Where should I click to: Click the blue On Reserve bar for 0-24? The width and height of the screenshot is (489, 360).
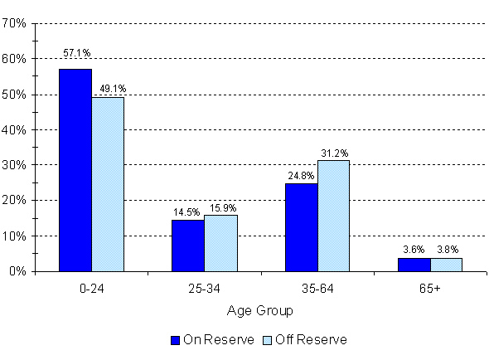[x=75, y=170]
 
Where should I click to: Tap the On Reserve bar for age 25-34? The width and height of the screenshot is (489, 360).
[x=188, y=246]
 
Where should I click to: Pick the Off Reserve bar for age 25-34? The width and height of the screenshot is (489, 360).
[x=220, y=243]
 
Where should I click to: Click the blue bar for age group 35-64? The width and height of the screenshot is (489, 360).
[x=301, y=227]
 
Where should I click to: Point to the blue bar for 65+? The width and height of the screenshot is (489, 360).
[x=414, y=265]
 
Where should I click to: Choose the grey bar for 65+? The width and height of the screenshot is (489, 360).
[x=446, y=265]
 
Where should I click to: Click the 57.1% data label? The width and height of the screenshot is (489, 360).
[x=76, y=53]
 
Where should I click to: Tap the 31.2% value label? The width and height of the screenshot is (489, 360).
[x=334, y=152]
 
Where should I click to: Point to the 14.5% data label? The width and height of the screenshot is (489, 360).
[x=186, y=212]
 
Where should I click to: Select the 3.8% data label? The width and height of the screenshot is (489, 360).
[x=448, y=249]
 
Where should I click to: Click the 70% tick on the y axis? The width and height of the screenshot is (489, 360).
[x=16, y=23]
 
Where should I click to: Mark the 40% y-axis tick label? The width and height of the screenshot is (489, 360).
[x=16, y=130]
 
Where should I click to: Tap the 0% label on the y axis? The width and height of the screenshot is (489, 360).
[x=18, y=272]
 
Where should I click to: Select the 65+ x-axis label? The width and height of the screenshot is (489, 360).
[x=429, y=289]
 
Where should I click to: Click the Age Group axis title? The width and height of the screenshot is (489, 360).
[x=260, y=310]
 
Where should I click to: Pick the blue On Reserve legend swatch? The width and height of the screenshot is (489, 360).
[x=175, y=340]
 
